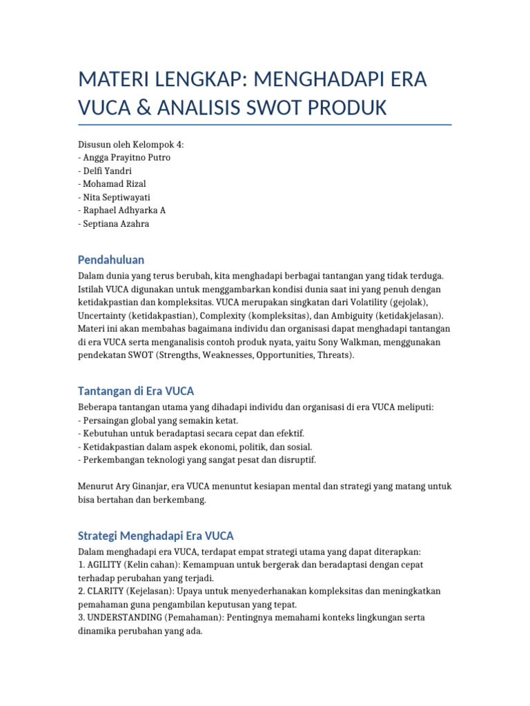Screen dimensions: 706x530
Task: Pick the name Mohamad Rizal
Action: pos(114,184)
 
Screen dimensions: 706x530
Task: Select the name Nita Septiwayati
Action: pos(117,197)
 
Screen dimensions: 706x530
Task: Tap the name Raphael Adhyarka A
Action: pos(124,210)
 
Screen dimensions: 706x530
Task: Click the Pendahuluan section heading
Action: pos(111,260)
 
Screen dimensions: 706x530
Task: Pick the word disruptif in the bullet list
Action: pos(293,460)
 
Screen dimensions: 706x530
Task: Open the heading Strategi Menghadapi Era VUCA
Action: pos(156,535)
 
